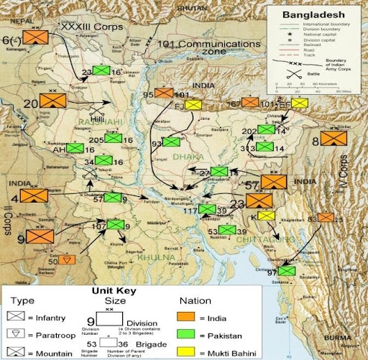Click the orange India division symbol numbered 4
(x=34, y=195)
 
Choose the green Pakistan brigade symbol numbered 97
(x=286, y=272)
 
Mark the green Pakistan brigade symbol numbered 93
(x=171, y=142)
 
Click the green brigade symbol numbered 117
(x=208, y=210)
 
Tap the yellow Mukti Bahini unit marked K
(x=266, y=216)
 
